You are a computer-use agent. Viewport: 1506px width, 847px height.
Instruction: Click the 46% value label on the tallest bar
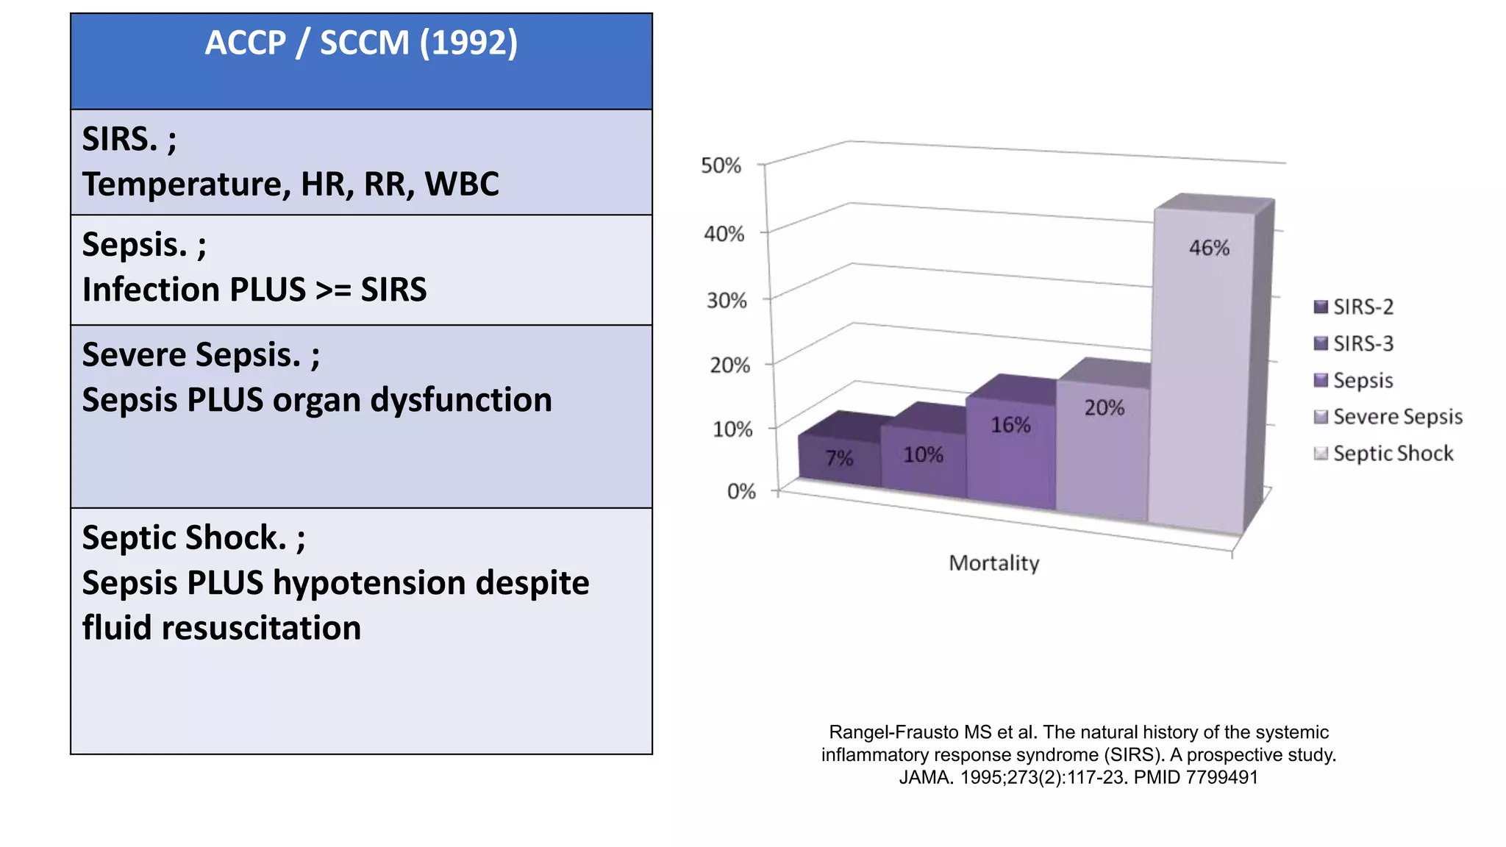[x=1209, y=248]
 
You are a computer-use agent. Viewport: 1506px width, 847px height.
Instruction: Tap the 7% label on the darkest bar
[x=839, y=458]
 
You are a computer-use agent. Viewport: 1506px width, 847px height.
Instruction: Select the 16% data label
[x=1010, y=425]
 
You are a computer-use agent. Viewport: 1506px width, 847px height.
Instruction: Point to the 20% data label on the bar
[x=1104, y=408]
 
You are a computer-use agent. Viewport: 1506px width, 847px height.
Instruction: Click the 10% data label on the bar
[x=923, y=455]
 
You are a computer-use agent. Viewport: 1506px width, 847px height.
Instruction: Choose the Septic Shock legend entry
[x=1392, y=454]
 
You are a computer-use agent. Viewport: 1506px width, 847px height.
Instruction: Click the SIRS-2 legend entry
[x=1363, y=307]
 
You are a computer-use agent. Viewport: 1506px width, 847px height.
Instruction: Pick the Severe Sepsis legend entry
[x=1397, y=417]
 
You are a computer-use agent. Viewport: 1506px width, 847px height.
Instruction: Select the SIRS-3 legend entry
[x=1363, y=343]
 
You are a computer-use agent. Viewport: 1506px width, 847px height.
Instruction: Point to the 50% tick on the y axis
[x=721, y=165]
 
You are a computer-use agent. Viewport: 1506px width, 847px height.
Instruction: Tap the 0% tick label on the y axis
[x=741, y=491]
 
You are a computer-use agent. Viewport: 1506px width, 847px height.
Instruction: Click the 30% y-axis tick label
[x=727, y=301]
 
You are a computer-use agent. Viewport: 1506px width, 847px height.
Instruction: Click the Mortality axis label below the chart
[x=993, y=563]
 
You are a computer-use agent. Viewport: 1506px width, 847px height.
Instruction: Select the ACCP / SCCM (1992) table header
[x=361, y=43]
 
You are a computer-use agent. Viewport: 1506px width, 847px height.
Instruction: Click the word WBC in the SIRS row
[x=462, y=184]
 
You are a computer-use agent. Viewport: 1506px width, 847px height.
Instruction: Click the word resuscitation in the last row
[x=261, y=629]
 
